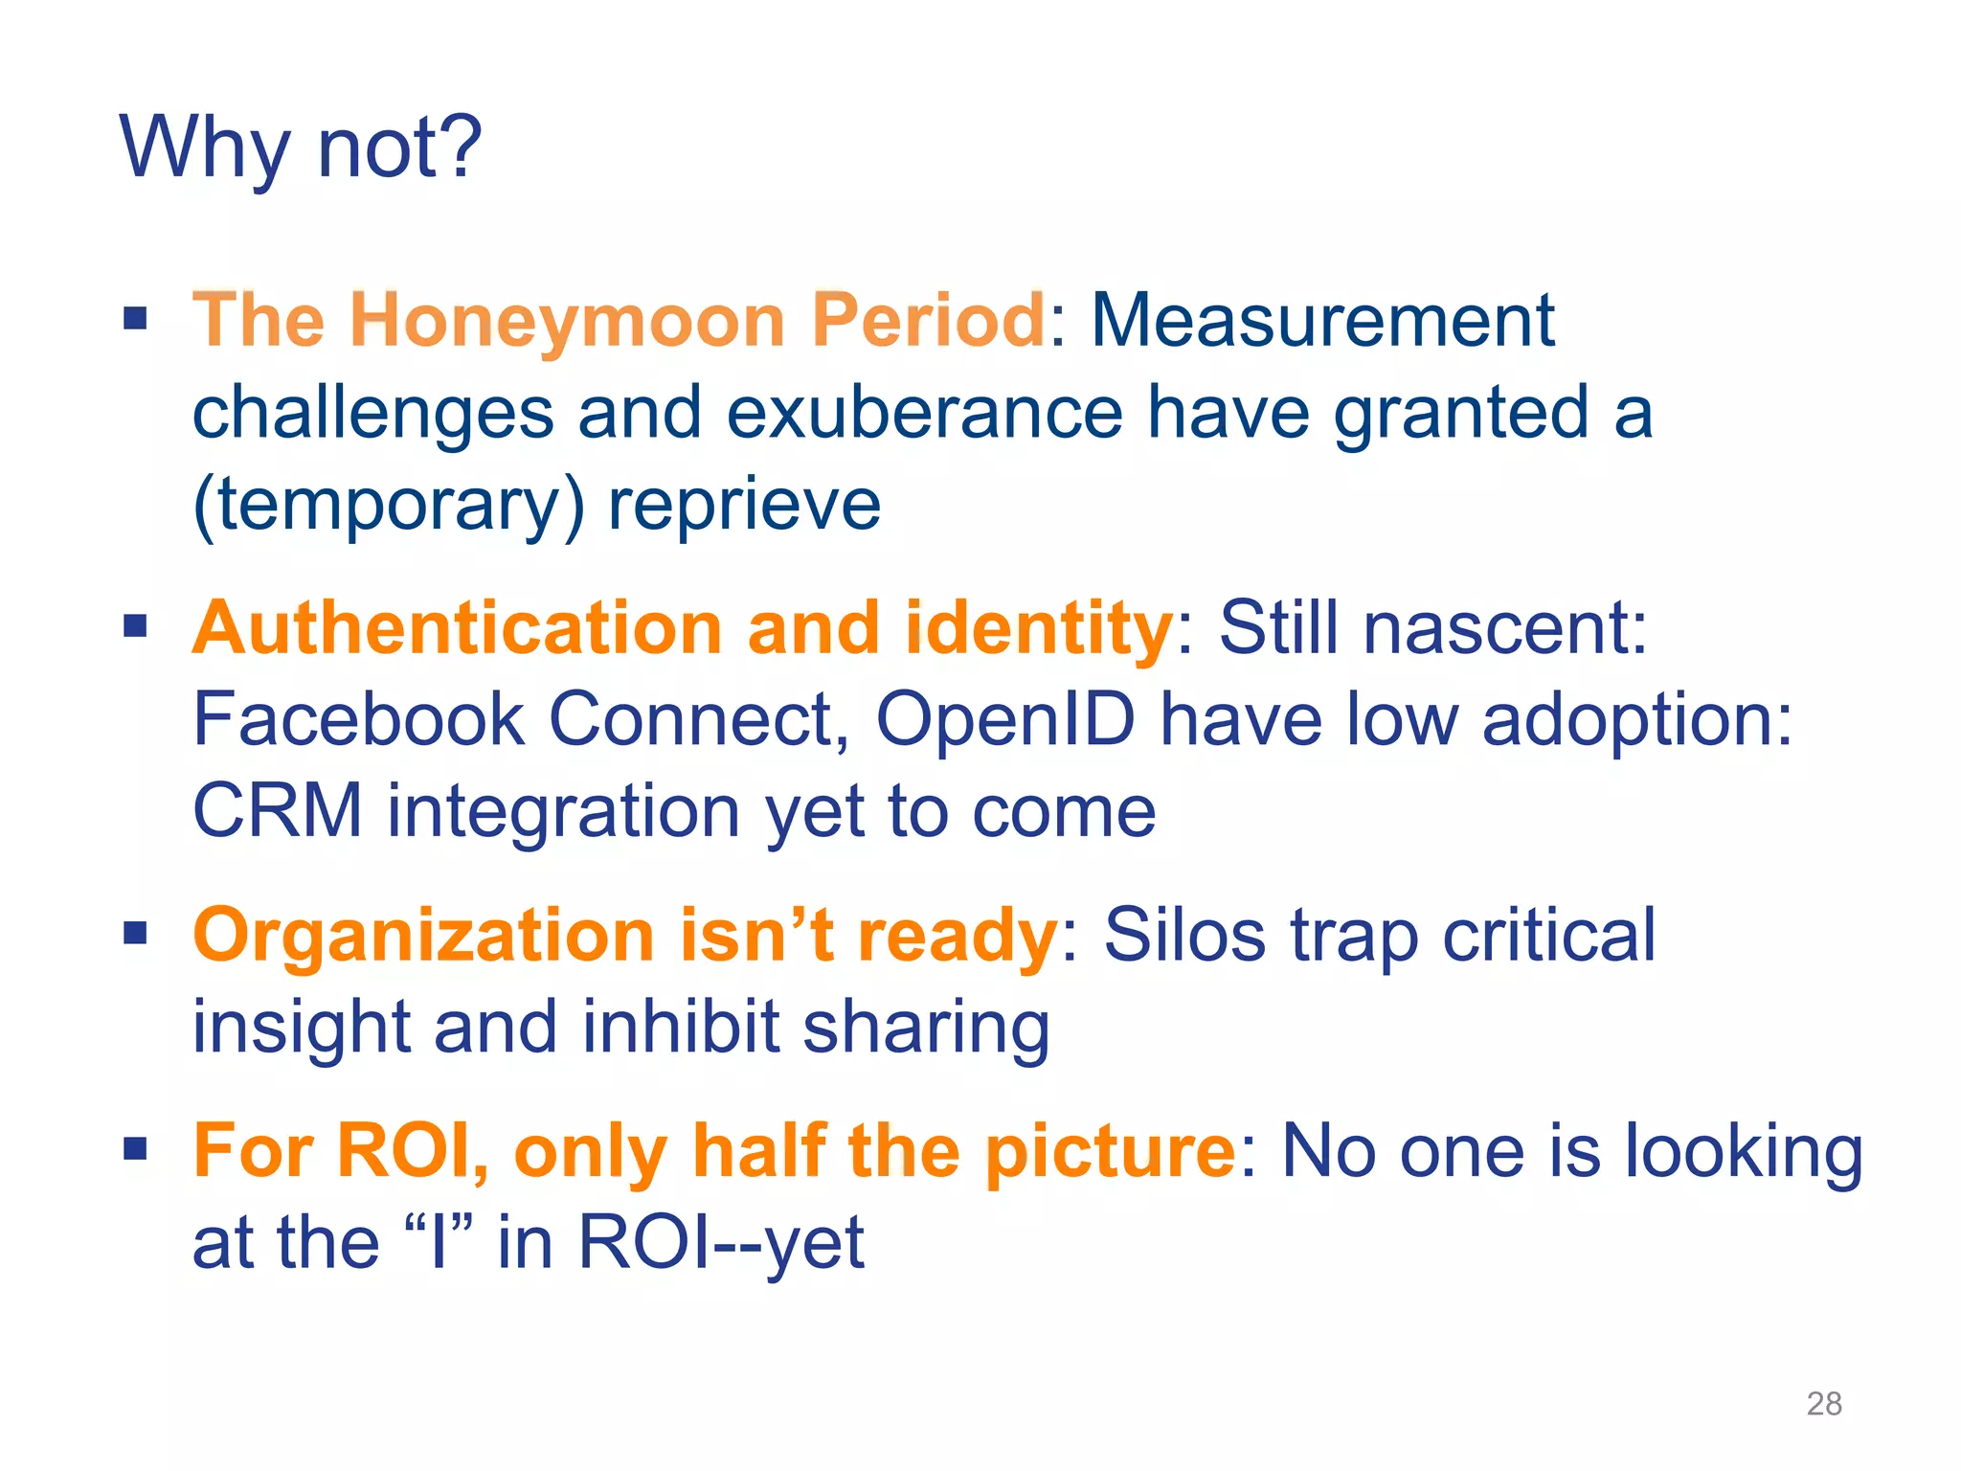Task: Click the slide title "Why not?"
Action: pos(301,148)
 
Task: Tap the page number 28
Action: pos(1823,1403)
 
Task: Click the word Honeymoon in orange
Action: pos(568,320)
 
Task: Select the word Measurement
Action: pos(1322,320)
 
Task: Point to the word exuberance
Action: pos(924,413)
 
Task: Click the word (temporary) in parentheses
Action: pos(389,506)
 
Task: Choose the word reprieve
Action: pos(744,506)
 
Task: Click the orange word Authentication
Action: pos(458,628)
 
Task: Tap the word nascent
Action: pos(1504,628)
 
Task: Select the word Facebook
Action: pos(358,719)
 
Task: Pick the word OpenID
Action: pos(1005,719)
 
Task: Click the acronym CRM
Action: pos(278,811)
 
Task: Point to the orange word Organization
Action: pos(423,936)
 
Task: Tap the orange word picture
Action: pos(1110,1151)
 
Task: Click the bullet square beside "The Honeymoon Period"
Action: pos(135,318)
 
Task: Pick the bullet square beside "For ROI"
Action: pos(135,1148)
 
